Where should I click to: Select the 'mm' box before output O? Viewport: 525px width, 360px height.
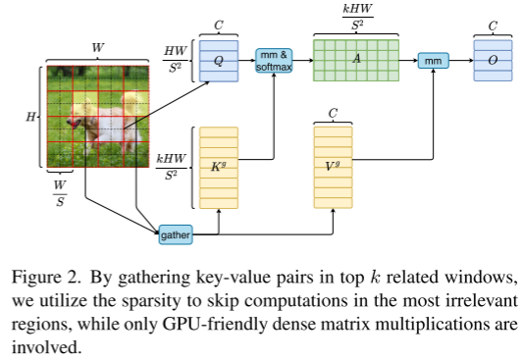click(x=433, y=60)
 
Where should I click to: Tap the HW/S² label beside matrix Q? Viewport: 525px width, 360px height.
click(x=178, y=62)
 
